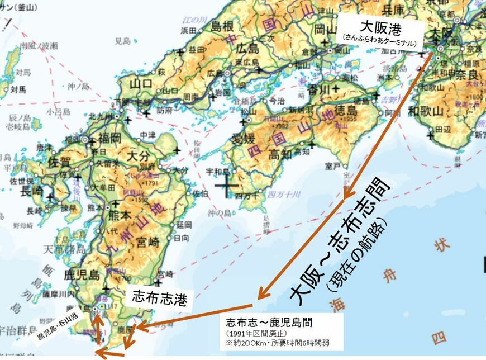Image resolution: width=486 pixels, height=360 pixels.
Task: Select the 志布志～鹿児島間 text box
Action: point(282,332)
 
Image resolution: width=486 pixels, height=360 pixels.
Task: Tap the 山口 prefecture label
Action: point(130,83)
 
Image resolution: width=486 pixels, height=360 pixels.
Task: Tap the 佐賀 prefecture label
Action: point(62,162)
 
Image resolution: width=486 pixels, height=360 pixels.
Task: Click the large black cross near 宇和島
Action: point(227,187)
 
